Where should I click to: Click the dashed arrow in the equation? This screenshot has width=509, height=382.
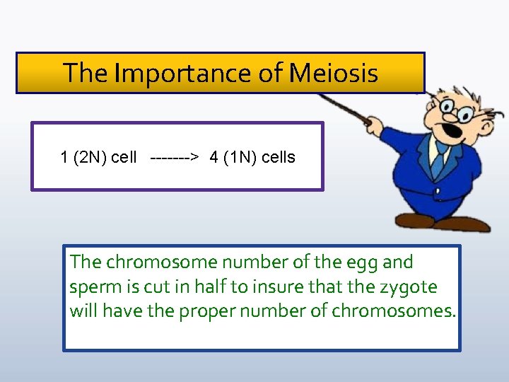click(174, 157)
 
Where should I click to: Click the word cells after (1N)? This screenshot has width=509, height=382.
click(279, 157)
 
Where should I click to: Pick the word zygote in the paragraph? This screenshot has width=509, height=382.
click(411, 287)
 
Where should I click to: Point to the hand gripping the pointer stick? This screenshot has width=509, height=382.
click(372, 128)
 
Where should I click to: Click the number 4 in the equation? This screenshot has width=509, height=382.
click(213, 157)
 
